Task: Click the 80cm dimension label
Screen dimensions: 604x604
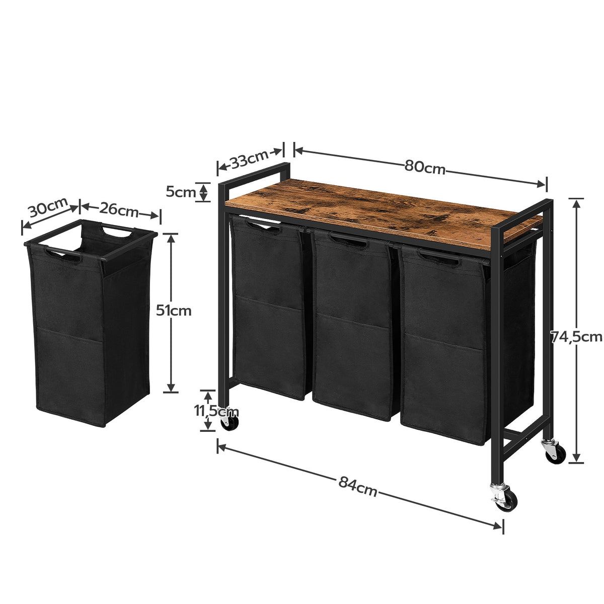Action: [425, 167]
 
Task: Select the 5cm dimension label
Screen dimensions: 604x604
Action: [181, 192]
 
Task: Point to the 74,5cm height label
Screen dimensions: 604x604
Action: [577, 336]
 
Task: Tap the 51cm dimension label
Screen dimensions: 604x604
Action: [174, 311]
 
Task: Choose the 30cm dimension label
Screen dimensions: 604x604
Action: [48, 207]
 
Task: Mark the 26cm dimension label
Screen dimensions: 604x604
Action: [119, 210]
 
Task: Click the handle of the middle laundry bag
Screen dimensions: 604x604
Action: [349, 240]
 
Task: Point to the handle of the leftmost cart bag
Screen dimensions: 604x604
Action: [263, 225]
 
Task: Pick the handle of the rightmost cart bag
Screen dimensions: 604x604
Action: [439, 258]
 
